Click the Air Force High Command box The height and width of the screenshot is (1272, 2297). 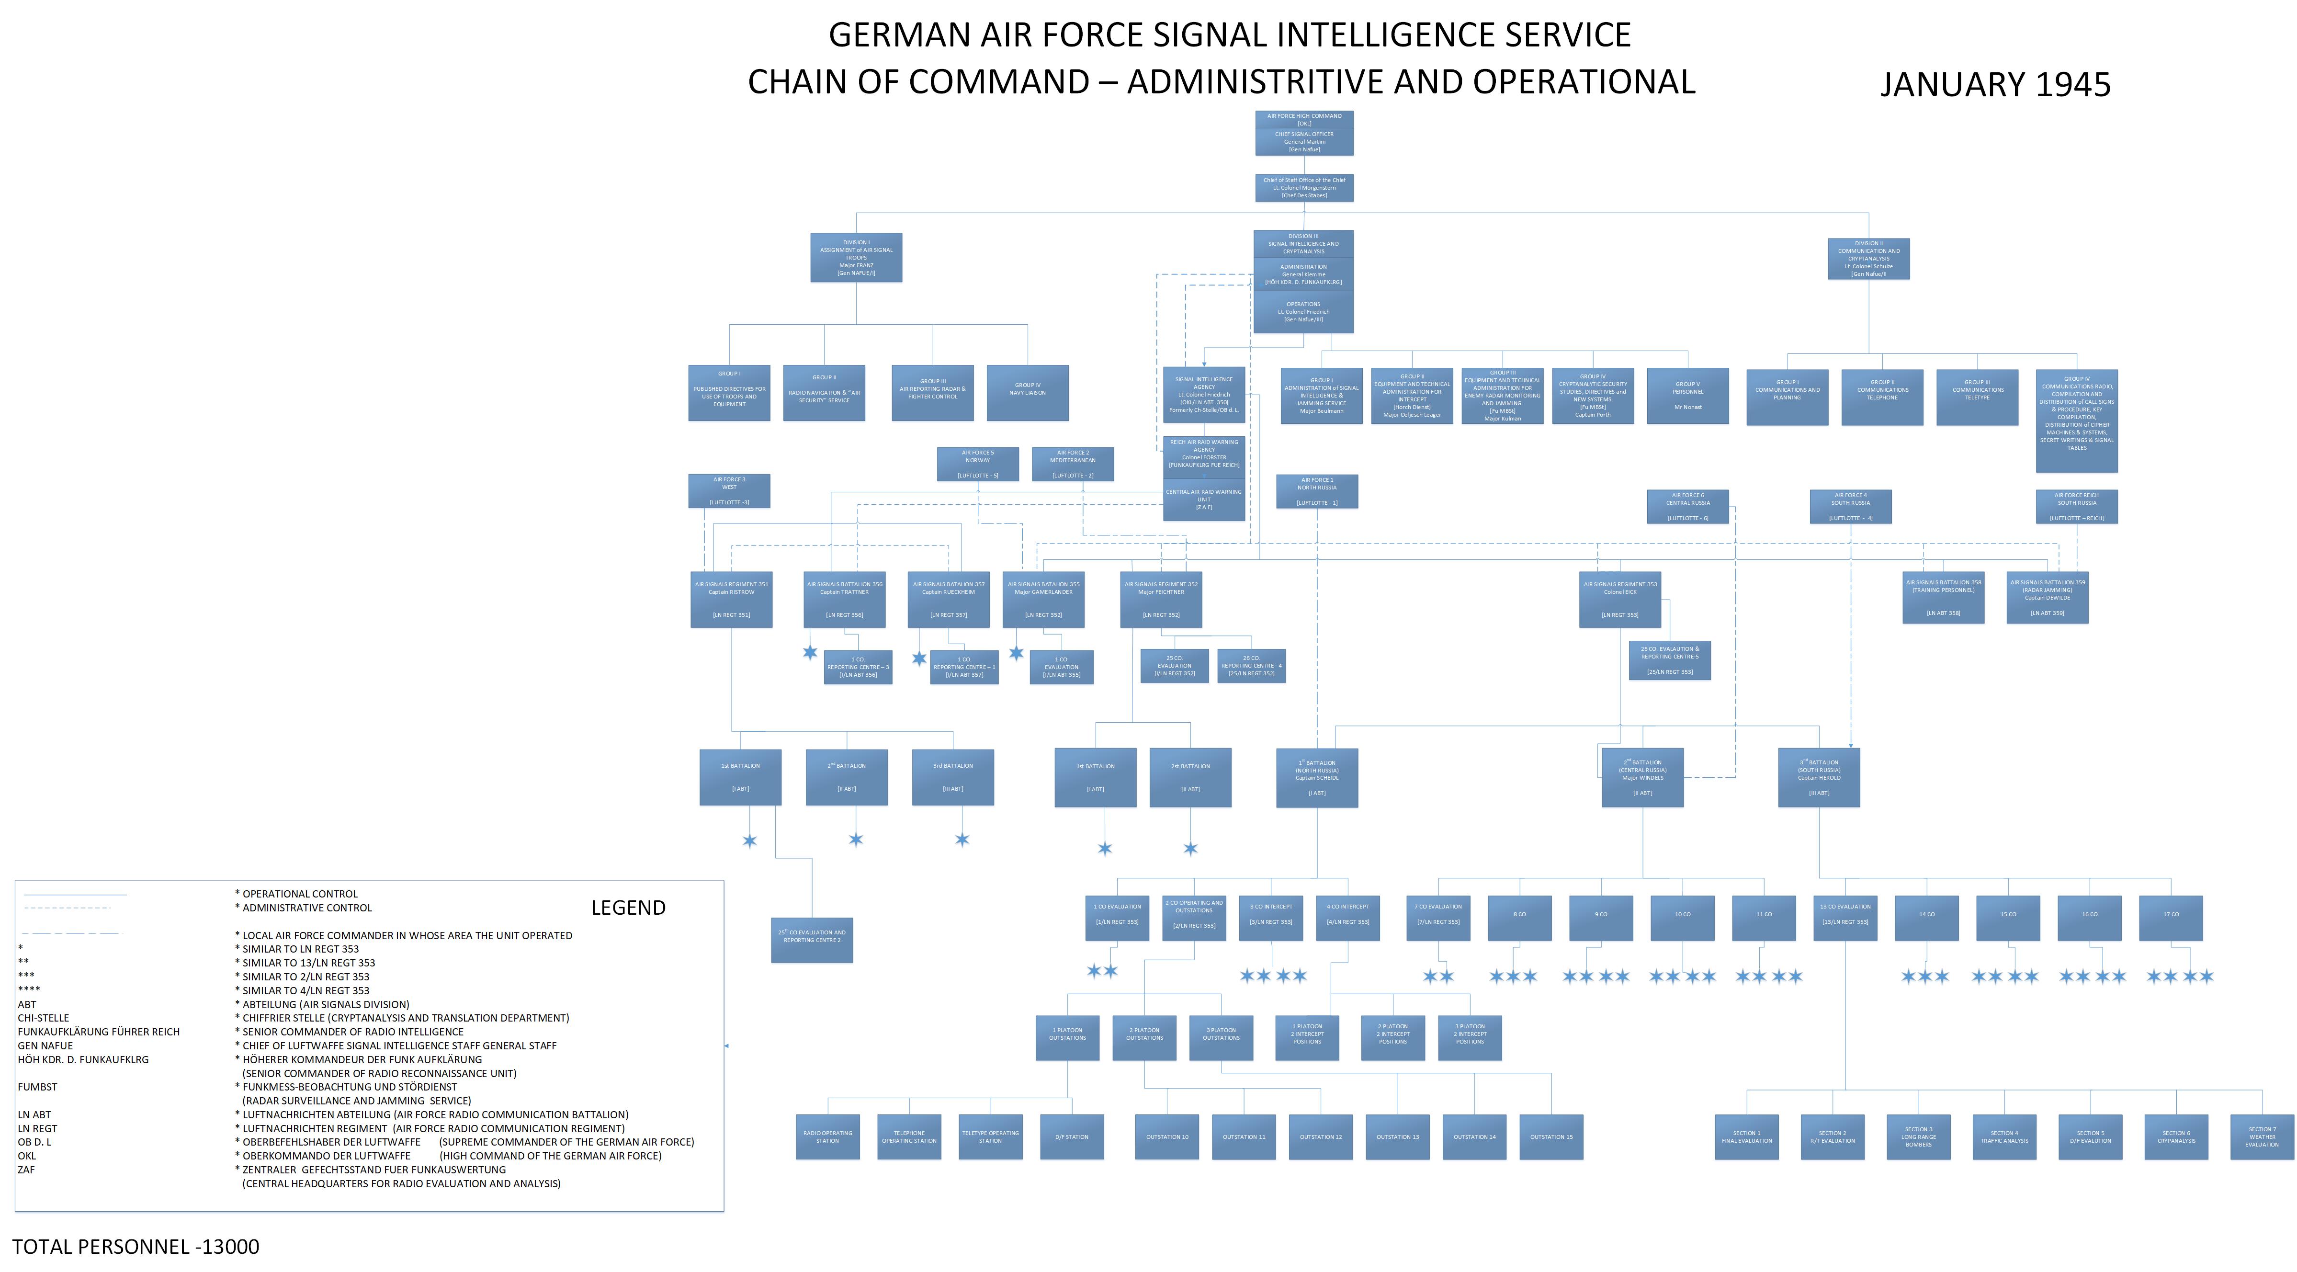[1304, 120]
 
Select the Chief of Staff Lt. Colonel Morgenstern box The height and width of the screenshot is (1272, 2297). [1304, 187]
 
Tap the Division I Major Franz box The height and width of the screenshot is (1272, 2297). [856, 258]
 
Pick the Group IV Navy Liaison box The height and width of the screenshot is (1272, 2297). [1027, 393]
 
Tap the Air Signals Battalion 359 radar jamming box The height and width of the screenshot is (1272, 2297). [2048, 597]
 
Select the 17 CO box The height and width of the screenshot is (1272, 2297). [2171, 914]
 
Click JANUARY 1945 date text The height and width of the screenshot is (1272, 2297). [1996, 85]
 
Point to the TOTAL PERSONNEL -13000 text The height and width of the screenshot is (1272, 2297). [136, 1246]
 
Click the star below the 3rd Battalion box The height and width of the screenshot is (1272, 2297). [961, 840]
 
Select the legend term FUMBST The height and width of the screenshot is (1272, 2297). [37, 1087]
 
